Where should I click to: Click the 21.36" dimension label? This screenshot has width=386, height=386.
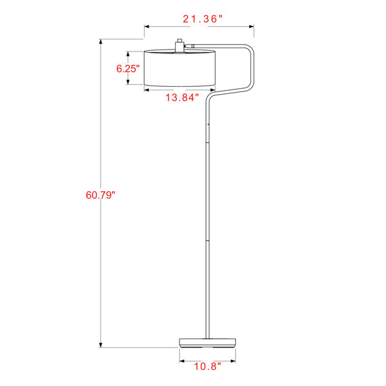click(x=203, y=19)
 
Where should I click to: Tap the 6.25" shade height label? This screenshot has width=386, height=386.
click(x=128, y=68)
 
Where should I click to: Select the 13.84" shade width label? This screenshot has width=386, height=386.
click(x=181, y=98)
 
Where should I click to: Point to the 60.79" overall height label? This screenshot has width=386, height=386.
click(x=100, y=195)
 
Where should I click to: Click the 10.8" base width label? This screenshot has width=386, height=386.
click(x=208, y=367)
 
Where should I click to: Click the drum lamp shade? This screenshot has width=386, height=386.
click(x=179, y=68)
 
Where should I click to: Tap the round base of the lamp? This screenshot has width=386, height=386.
click(x=208, y=343)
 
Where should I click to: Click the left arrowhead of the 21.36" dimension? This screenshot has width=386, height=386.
click(x=147, y=26)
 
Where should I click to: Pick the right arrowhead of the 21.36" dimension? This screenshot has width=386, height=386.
click(x=252, y=26)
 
